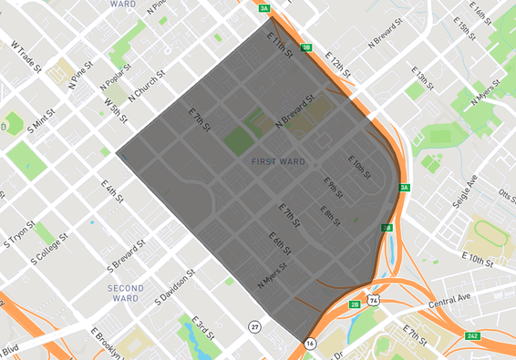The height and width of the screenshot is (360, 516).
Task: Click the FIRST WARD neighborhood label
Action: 277,161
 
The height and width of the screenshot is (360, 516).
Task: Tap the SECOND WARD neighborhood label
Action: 126,293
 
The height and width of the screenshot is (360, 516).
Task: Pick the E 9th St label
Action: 335,188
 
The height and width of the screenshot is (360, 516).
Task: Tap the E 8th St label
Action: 330,214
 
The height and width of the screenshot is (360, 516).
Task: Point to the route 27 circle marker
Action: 255,326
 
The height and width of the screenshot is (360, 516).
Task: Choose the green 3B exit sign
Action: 307,47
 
